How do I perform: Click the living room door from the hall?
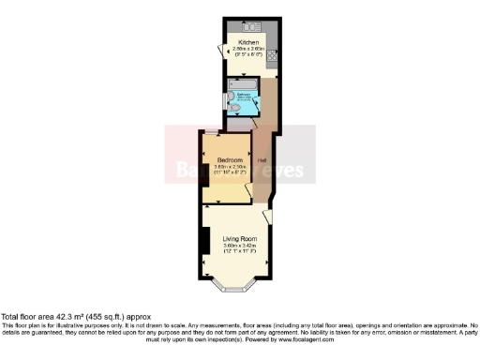click(267, 217)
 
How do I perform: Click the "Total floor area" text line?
click(75, 317)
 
